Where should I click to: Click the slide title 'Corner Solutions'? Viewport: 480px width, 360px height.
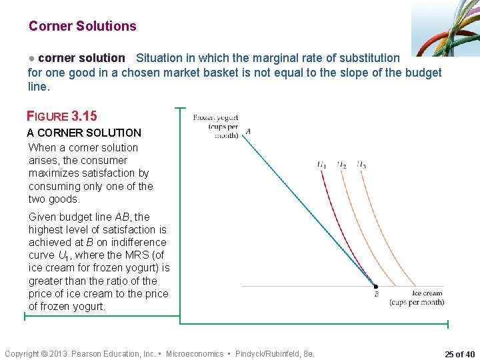(x=82, y=27)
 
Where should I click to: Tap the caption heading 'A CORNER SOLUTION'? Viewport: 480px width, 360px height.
(x=85, y=133)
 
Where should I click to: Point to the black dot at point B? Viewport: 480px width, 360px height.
(x=375, y=286)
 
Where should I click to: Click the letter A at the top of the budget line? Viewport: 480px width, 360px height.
(x=248, y=131)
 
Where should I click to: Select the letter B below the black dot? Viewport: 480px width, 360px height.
(x=376, y=294)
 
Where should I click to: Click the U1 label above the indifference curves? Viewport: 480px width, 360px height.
(x=322, y=164)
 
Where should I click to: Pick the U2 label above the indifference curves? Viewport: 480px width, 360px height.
(x=341, y=164)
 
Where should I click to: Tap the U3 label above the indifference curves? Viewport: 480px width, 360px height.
(x=361, y=164)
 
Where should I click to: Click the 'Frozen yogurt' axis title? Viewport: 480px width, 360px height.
(x=215, y=118)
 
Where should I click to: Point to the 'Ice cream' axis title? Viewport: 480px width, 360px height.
(x=427, y=293)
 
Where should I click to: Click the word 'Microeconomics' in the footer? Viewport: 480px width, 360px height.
(x=195, y=354)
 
